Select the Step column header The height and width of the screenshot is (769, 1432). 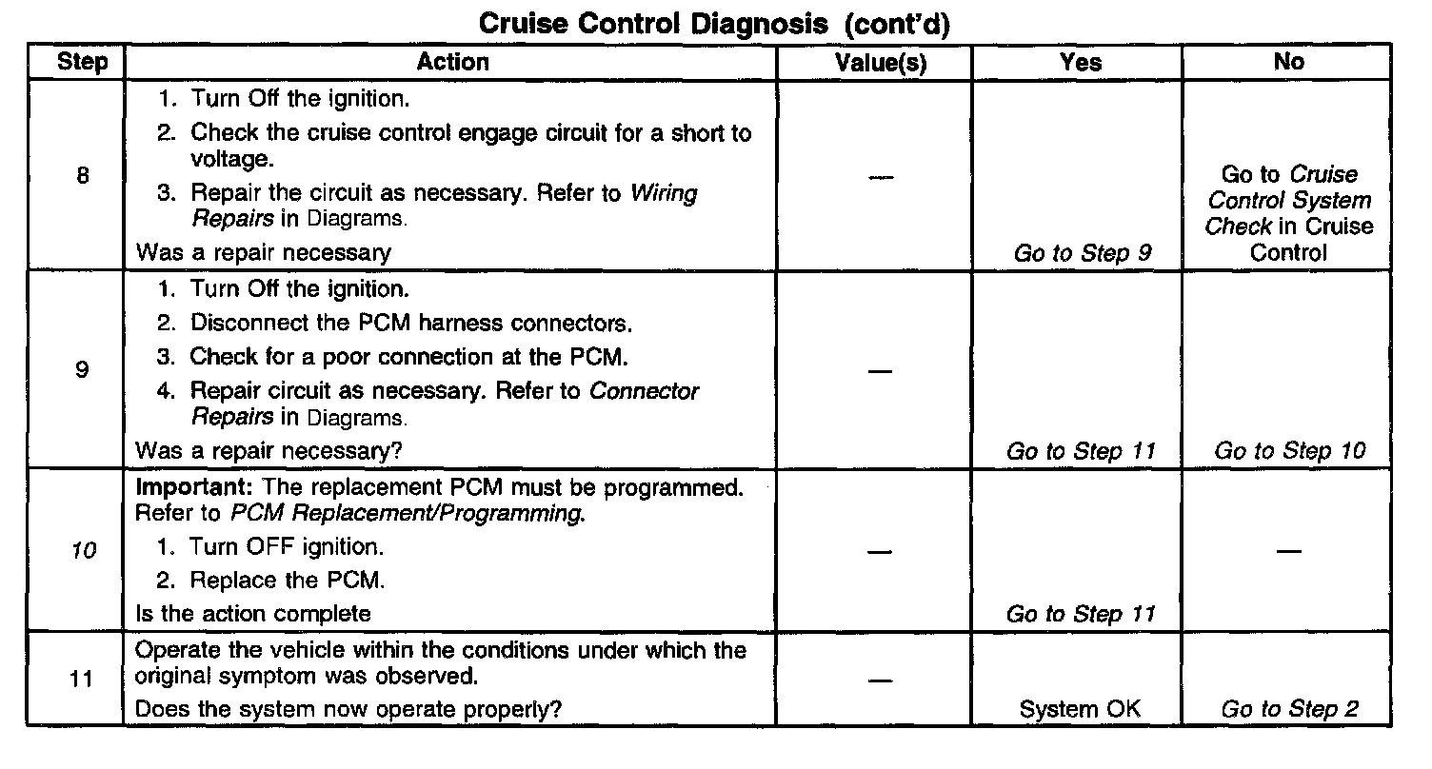[84, 63]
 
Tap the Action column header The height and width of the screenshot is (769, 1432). [452, 63]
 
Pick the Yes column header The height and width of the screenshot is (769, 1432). [1081, 63]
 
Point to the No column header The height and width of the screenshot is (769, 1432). [1288, 63]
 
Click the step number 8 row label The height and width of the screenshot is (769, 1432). [82, 176]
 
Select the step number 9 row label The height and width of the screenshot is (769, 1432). [82, 369]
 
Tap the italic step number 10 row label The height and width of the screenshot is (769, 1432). [84, 550]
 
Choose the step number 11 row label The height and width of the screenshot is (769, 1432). [84, 681]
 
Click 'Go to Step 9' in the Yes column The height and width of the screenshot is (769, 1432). [1083, 253]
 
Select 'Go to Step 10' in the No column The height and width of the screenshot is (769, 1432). [1289, 451]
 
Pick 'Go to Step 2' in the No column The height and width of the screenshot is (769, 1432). [1289, 709]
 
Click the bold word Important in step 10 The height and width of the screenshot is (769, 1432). [195, 487]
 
